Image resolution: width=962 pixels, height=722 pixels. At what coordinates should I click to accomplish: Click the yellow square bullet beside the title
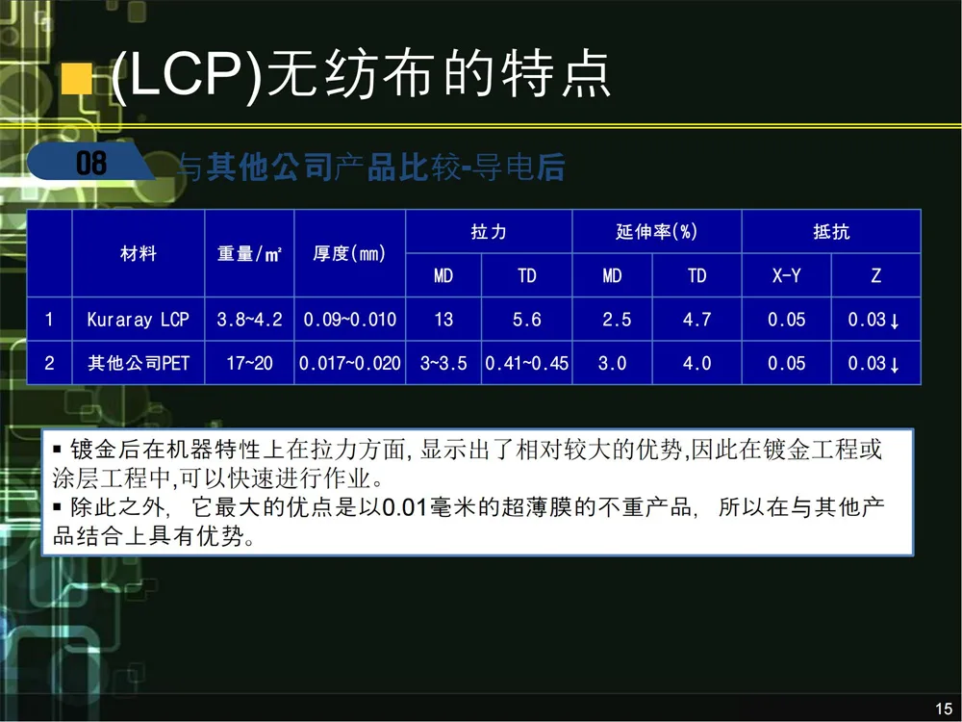pos(77,79)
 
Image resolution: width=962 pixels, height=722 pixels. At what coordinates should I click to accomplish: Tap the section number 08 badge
pos(90,163)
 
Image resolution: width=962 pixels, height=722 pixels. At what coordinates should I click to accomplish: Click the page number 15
pos(944,709)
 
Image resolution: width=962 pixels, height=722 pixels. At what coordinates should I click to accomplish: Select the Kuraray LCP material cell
pos(138,320)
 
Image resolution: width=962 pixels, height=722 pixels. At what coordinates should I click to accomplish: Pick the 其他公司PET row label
pos(138,363)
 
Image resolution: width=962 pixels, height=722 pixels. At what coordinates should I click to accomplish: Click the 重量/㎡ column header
pos(249,253)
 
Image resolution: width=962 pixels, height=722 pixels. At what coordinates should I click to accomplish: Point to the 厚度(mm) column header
pos(349,253)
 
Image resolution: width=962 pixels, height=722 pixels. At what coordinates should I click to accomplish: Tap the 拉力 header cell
pos(489,231)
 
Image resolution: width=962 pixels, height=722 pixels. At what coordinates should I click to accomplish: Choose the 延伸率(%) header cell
pos(656,231)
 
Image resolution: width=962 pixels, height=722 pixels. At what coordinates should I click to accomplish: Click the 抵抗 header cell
pos(831,231)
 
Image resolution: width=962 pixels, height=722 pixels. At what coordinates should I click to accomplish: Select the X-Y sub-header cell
pos(787,275)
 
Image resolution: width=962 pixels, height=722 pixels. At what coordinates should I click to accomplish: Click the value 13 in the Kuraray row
pos(443,320)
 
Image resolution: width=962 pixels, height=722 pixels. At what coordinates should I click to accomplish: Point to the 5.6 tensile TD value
pos(526,320)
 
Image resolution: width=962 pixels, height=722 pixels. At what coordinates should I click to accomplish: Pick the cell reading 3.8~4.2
pos(249,320)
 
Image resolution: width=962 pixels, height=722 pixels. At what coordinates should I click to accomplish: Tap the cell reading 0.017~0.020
pos(350,363)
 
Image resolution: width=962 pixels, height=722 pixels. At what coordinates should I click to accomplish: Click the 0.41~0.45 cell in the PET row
pos(526,363)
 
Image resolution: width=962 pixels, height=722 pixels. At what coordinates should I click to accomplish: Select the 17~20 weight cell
pos(249,363)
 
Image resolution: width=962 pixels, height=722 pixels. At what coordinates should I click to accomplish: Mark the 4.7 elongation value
pos(696,320)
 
